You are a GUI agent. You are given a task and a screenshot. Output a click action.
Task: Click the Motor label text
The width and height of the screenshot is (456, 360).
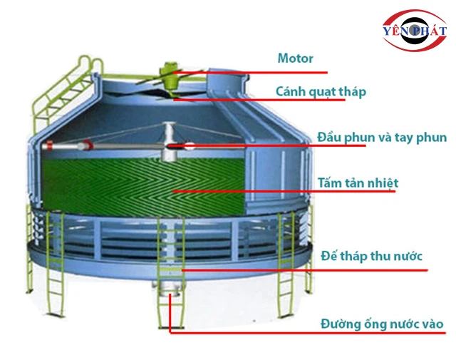[296, 58]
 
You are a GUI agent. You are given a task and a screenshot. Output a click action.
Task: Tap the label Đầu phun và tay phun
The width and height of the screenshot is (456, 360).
[382, 137]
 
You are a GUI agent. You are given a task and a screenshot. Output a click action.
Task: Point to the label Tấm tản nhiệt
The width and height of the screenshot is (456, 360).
[358, 183]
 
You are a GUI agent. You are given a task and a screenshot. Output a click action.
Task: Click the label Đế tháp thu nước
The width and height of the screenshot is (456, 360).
[371, 255]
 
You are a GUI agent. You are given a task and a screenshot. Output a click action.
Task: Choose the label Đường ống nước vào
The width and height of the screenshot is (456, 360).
[382, 324]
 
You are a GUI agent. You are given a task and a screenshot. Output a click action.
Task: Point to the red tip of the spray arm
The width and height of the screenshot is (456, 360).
[48, 147]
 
